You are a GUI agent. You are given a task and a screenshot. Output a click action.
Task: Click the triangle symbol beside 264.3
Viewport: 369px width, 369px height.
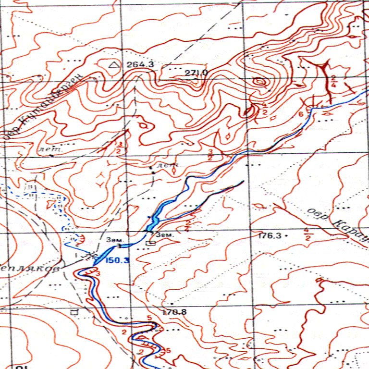coord(113,64)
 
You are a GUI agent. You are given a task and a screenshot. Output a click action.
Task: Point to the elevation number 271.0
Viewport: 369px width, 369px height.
coord(196,73)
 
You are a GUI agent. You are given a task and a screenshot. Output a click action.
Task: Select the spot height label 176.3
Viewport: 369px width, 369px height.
coord(270,236)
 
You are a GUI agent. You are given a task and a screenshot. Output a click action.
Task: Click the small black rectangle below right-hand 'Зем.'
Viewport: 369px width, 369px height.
coord(152,244)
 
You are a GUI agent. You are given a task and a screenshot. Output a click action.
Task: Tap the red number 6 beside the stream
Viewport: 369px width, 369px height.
coord(301,114)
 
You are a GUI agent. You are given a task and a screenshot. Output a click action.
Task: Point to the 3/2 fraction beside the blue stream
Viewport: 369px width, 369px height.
coord(210,155)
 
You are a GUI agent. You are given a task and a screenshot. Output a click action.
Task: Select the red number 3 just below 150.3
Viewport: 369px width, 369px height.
coord(98,273)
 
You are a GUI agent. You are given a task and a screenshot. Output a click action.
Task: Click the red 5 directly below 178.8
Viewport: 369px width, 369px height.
coord(149,318)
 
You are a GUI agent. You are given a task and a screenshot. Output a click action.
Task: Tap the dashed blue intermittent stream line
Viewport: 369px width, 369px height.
coord(60,207)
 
